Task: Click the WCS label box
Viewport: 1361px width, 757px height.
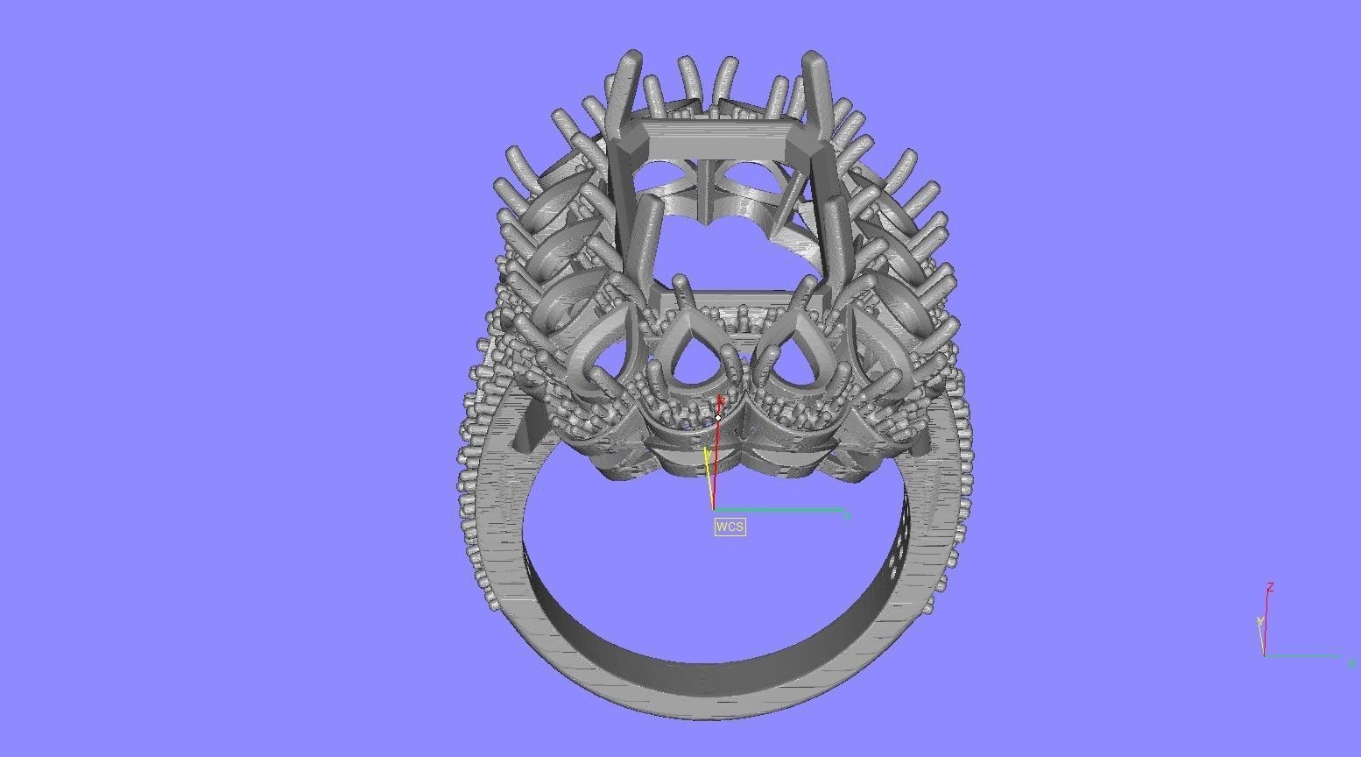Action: pyautogui.click(x=730, y=527)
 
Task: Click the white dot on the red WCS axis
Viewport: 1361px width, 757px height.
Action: pyautogui.click(x=718, y=418)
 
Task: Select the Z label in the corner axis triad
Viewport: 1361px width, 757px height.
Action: pyautogui.click(x=1270, y=587)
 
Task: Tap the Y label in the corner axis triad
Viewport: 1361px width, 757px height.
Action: pyautogui.click(x=1259, y=621)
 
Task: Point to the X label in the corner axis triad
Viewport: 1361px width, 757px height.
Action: pyautogui.click(x=1352, y=663)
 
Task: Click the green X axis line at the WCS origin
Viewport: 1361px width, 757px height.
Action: pyautogui.click(x=779, y=509)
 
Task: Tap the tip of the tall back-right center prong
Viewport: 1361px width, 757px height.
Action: pyautogui.click(x=814, y=60)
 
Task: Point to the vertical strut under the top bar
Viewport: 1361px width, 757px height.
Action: pyautogui.click(x=708, y=188)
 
